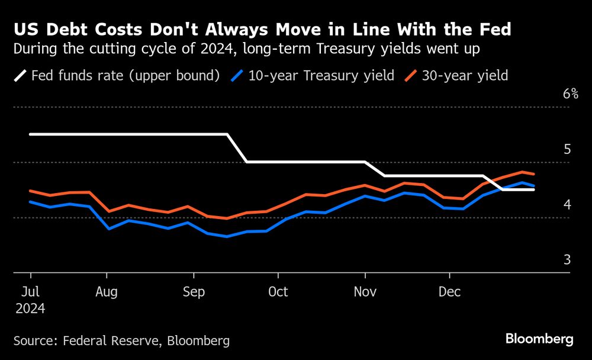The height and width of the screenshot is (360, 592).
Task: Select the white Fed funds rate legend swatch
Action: [20, 76]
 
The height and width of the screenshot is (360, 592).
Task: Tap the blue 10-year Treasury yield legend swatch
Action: [238, 76]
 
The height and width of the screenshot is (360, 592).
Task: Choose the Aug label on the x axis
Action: [107, 292]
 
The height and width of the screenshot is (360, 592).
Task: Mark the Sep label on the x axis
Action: [193, 292]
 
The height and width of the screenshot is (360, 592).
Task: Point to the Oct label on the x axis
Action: [278, 292]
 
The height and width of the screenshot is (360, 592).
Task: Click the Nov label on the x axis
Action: [365, 292]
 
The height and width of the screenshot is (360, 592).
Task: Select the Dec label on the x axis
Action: [450, 292]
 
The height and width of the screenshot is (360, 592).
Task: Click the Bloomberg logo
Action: [539, 339]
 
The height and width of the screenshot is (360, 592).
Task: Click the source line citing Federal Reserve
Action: [121, 340]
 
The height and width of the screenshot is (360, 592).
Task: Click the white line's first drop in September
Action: [237, 148]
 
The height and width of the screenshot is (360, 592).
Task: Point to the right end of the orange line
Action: [534, 174]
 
